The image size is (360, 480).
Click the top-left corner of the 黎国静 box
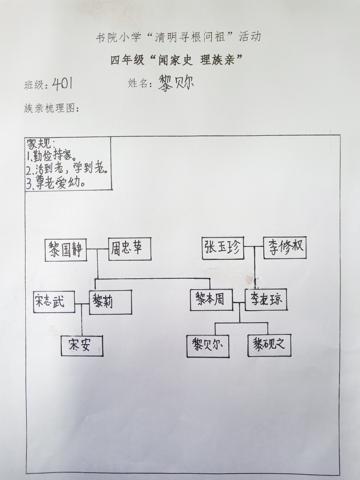point(45,240)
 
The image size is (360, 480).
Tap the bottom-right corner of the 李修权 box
point(306,258)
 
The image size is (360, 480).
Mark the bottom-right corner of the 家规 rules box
point(112,190)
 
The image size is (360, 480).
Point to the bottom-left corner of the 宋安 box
point(61,355)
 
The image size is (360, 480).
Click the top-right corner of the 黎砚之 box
point(291,334)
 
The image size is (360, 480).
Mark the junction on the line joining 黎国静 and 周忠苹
point(97,248)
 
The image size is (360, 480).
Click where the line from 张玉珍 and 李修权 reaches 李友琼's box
point(255,289)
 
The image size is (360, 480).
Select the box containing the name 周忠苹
point(130,249)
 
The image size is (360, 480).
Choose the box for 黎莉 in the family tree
point(111,302)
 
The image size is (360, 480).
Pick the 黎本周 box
point(211,300)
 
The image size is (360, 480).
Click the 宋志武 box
point(54,302)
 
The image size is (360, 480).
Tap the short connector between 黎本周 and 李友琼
point(239,303)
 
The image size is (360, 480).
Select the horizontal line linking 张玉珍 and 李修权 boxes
point(254,246)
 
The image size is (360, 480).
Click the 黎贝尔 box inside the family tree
point(208,346)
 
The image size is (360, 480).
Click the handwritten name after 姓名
point(176,83)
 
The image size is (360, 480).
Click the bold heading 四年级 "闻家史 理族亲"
point(176,59)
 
